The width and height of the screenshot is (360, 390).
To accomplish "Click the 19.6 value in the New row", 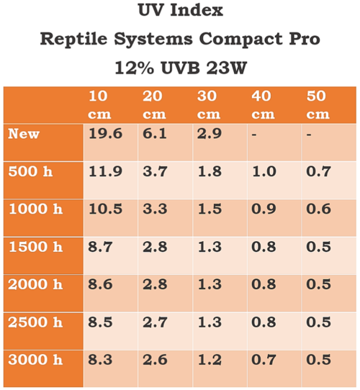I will [103, 134].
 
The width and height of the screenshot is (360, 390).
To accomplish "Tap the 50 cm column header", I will [317, 105].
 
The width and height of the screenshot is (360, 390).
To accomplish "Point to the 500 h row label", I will [31, 171].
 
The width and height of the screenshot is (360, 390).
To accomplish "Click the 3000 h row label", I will [35, 359].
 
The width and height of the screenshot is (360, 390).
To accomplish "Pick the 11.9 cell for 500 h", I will [103, 171].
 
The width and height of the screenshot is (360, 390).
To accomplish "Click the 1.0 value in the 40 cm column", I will [262, 171].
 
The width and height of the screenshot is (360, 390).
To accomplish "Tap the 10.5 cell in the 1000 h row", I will [103, 209].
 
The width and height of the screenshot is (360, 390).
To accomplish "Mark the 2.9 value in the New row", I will [209, 134].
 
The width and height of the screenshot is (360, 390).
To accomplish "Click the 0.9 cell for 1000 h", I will [262, 209].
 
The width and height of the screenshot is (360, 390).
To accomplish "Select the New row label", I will [24, 134].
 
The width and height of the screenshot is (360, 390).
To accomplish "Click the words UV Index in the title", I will [179, 12].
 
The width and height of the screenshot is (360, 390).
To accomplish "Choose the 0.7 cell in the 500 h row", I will [318, 171].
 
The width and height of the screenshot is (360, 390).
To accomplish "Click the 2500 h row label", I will [35, 322].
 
